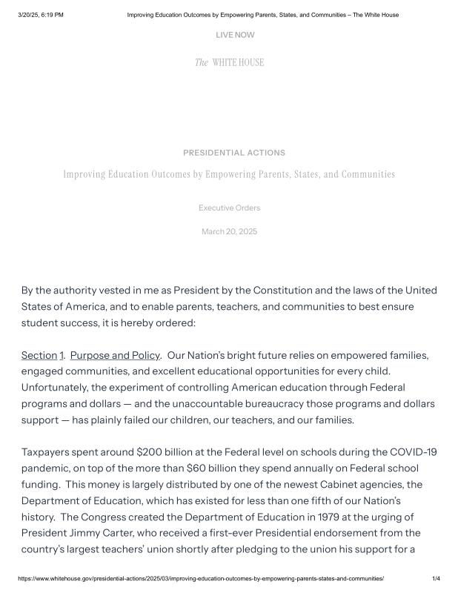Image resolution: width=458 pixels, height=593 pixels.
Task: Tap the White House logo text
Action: point(229,62)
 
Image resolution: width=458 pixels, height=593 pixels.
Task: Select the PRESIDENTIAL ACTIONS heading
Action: point(233,153)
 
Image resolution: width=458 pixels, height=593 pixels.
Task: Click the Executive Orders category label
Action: point(229,208)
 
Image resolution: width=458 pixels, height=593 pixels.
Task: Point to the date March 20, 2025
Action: point(229,232)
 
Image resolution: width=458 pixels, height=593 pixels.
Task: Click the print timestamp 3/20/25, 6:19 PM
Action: point(41,15)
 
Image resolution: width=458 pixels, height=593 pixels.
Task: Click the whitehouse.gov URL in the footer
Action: point(201,578)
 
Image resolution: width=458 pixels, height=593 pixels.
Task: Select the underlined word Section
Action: point(39,356)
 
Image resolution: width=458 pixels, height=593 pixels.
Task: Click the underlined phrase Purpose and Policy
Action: point(115,356)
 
